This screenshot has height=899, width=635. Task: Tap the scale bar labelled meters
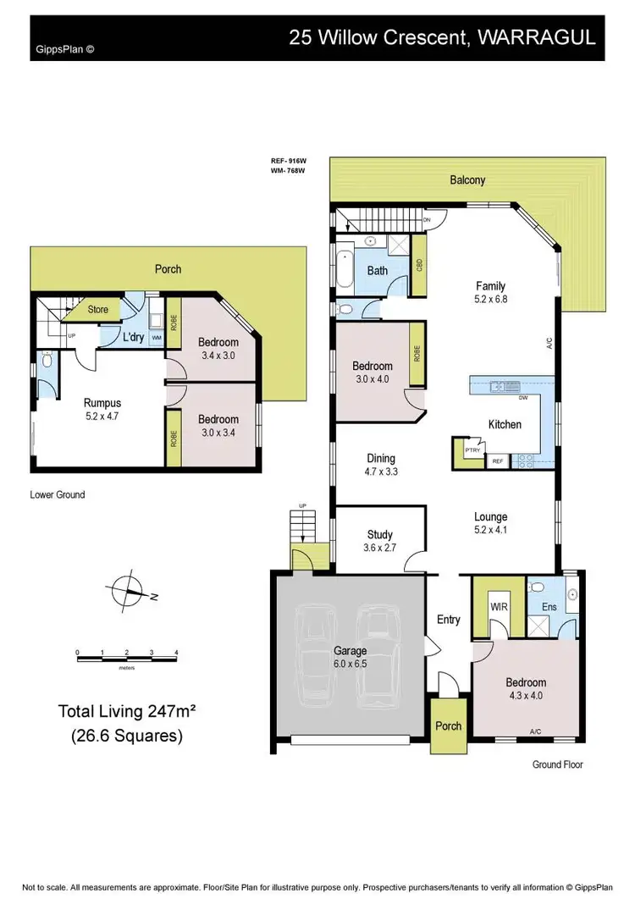[x=126, y=654]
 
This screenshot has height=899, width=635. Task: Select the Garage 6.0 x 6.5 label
[x=349, y=657]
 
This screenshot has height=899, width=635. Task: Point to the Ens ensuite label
[x=549, y=607]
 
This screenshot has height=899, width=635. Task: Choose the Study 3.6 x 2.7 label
[x=379, y=540]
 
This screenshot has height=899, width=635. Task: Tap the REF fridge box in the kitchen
[x=497, y=461]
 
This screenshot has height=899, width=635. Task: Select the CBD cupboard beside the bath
[x=419, y=264]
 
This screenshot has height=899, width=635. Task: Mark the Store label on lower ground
[x=98, y=310]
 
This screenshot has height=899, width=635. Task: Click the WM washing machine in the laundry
[x=157, y=338]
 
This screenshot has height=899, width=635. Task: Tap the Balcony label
[x=467, y=179]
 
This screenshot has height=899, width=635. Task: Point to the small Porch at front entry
[x=447, y=725]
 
